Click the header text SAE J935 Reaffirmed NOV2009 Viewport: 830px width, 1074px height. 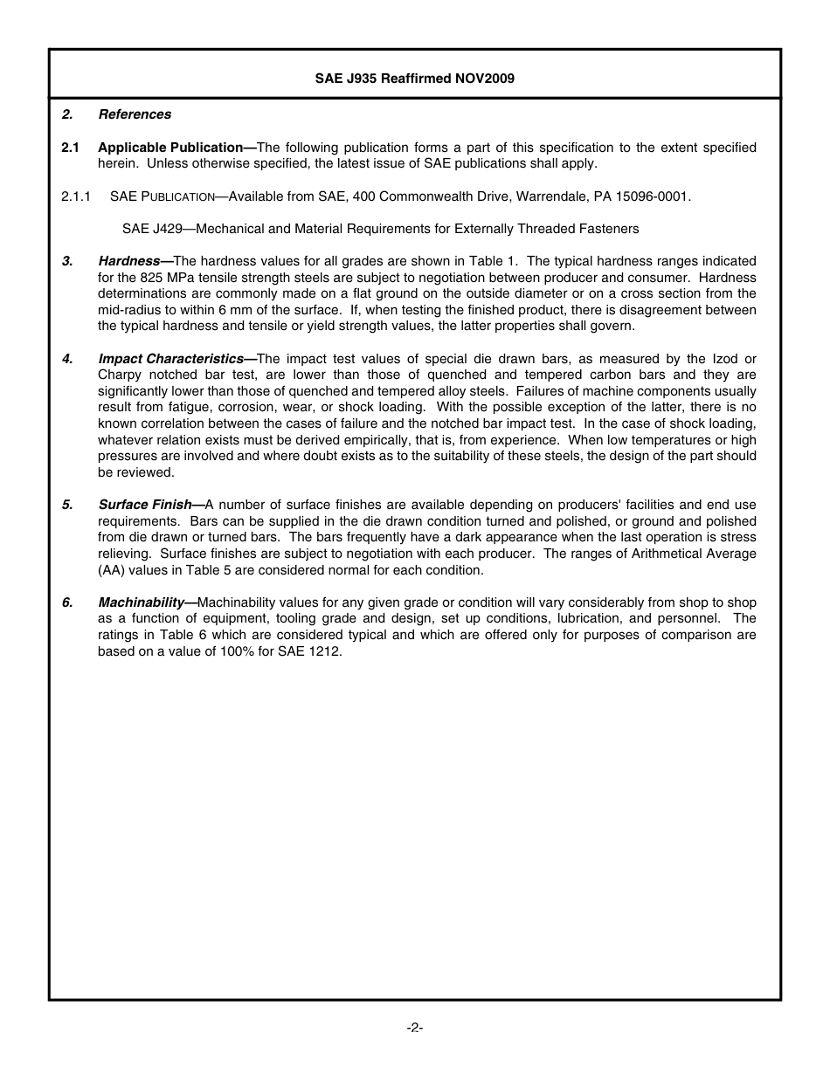pos(414,79)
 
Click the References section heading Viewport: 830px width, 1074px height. pos(135,114)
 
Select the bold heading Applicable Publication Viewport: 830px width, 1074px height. pos(170,148)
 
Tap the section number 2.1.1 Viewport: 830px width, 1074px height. pos(76,196)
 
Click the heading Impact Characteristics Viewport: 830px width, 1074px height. pos(171,359)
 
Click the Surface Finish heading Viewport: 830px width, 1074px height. pos(145,505)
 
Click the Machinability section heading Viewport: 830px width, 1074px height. pos(142,602)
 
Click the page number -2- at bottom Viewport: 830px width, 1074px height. pos(414,1028)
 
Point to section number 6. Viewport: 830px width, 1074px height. pos(66,602)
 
